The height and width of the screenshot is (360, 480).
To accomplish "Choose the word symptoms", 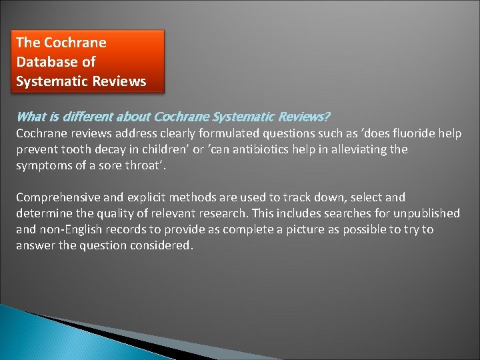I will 43,165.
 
